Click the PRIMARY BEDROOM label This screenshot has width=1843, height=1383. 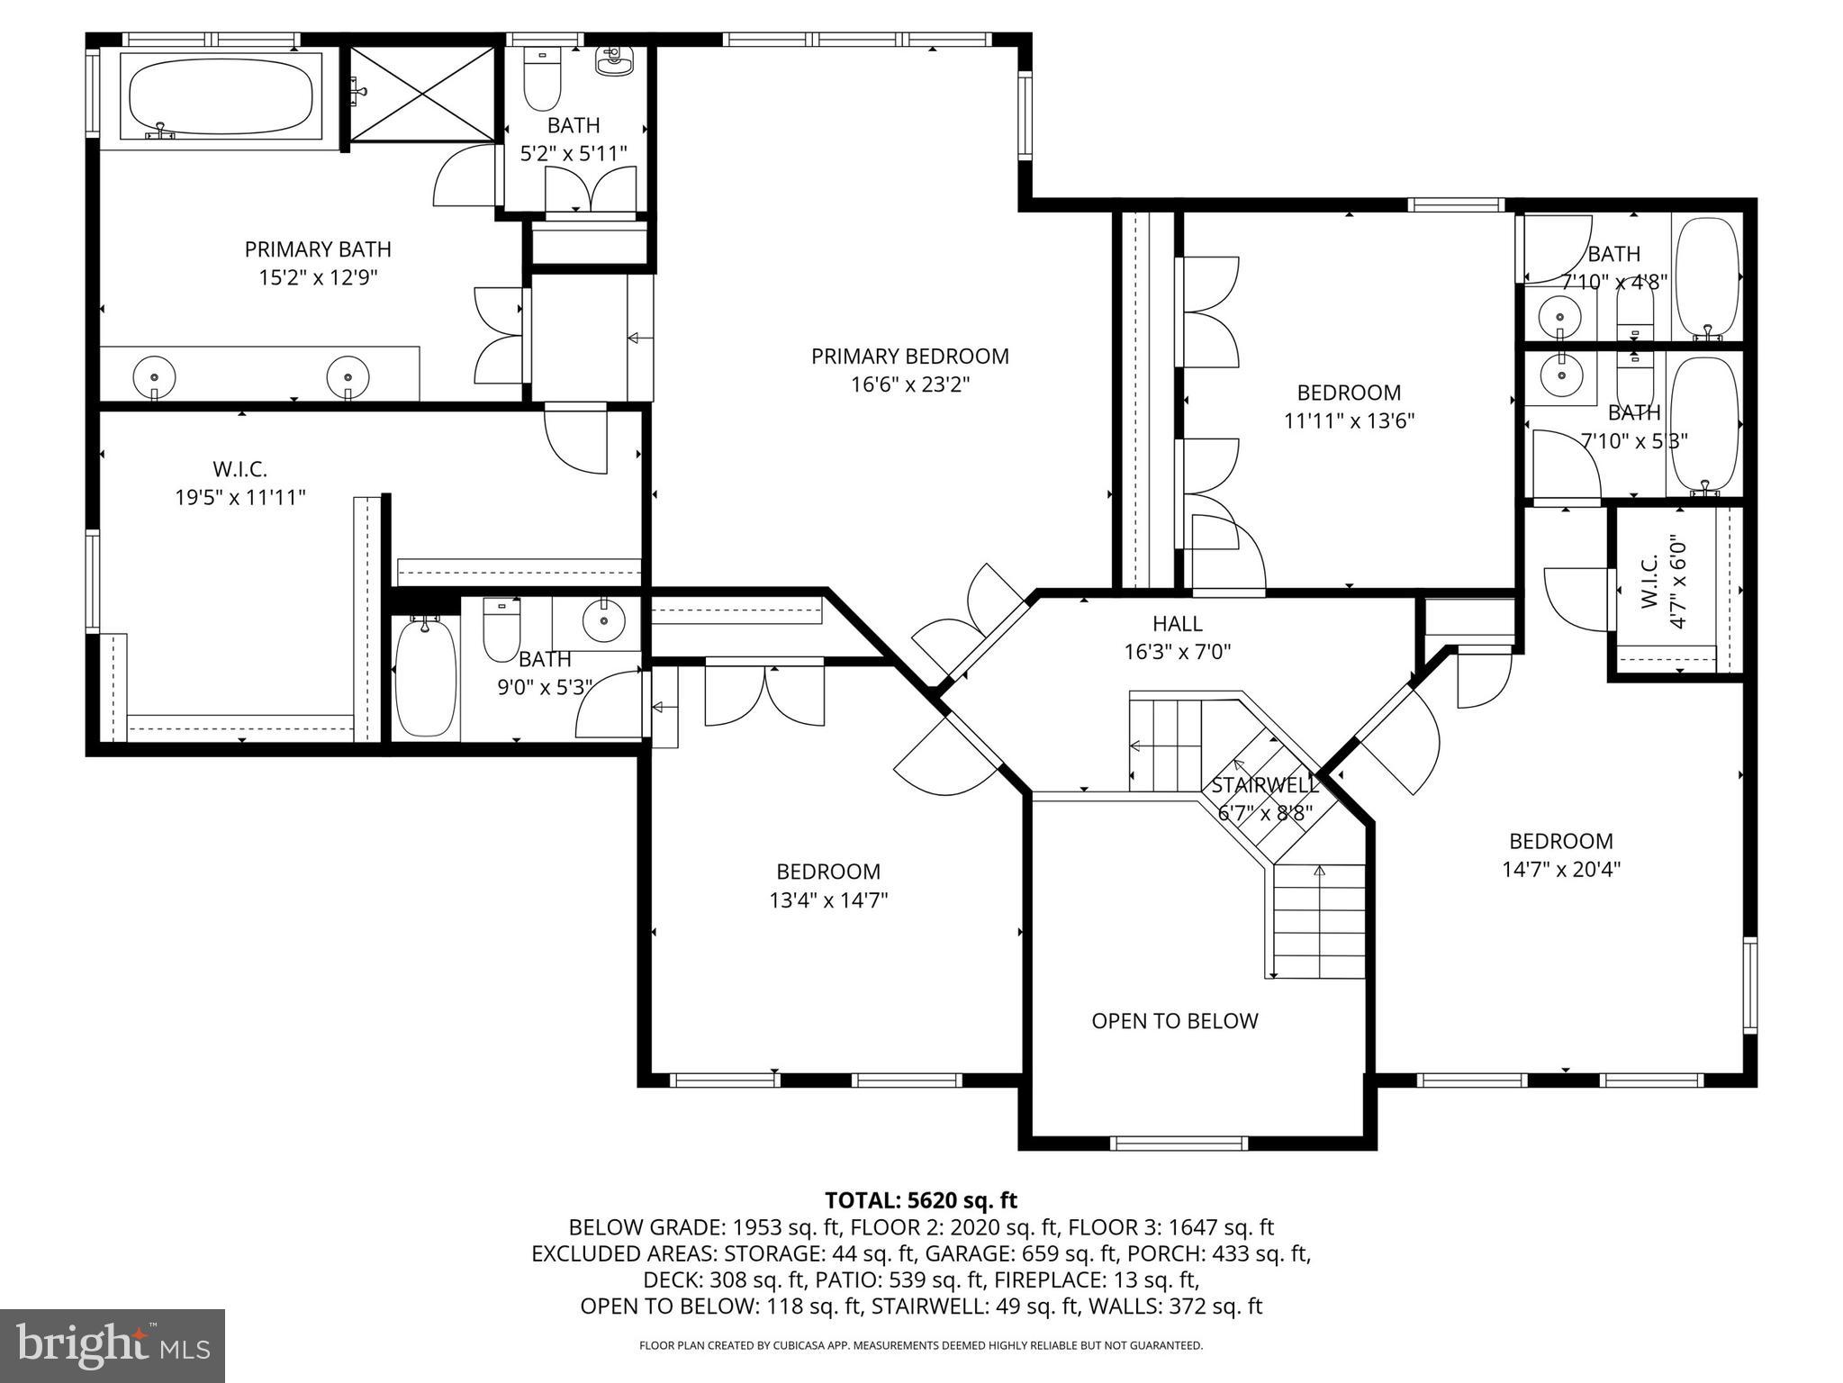click(909, 357)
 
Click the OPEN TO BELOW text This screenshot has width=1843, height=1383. click(1174, 1021)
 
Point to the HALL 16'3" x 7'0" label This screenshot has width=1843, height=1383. click(1177, 637)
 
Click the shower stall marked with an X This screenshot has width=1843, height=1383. click(422, 94)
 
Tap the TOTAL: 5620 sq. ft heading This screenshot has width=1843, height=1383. click(920, 1200)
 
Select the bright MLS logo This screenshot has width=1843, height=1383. click(113, 1346)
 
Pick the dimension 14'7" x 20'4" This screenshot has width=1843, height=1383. click(1561, 870)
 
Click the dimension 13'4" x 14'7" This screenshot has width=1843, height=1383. click(827, 900)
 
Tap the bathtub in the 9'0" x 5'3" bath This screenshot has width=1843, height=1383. click(425, 677)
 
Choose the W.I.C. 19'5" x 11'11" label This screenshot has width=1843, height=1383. click(240, 483)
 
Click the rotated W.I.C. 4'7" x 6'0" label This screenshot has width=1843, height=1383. click(1663, 582)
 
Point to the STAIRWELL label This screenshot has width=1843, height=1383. click(1264, 785)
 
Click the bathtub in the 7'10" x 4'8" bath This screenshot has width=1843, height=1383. click(1707, 278)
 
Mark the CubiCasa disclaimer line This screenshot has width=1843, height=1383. click(920, 1346)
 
